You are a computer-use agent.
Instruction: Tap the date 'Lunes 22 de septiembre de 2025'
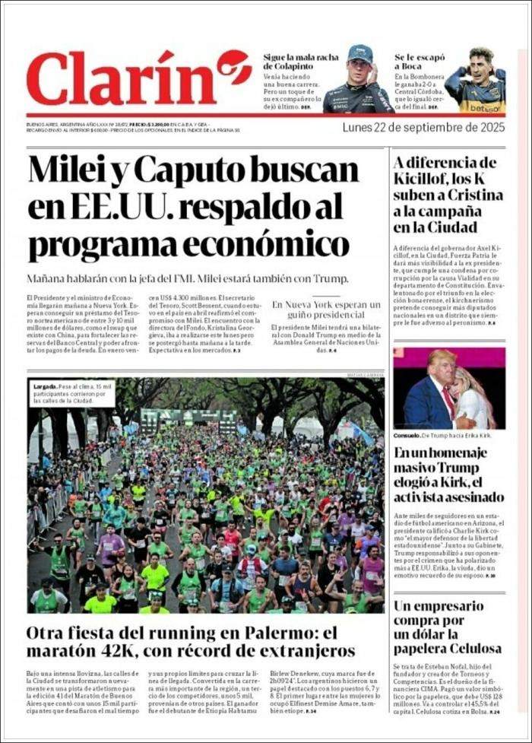point(423,127)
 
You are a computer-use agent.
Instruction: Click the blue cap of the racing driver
point(360,56)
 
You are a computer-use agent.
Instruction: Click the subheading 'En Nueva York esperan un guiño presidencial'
point(326,310)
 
